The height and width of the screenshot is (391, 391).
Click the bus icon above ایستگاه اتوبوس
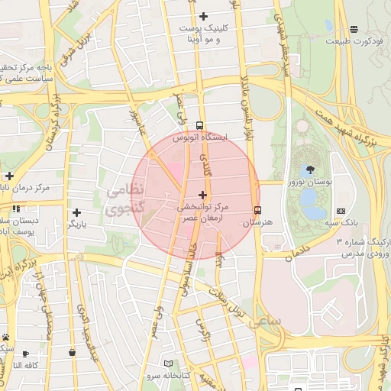(x=200, y=125)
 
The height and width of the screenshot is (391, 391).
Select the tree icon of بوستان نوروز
(x=310, y=170)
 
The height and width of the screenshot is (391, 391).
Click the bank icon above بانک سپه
(x=341, y=211)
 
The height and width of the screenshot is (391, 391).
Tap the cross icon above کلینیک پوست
(x=202, y=16)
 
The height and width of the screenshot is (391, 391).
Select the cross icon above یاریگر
(x=76, y=212)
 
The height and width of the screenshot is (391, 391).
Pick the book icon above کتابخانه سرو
(x=168, y=364)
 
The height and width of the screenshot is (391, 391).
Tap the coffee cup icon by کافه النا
(x=25, y=353)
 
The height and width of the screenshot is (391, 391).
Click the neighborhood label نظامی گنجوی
(x=122, y=198)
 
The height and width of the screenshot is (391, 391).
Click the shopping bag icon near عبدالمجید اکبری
(x=72, y=352)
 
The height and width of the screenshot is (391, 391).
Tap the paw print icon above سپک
(x=5, y=336)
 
